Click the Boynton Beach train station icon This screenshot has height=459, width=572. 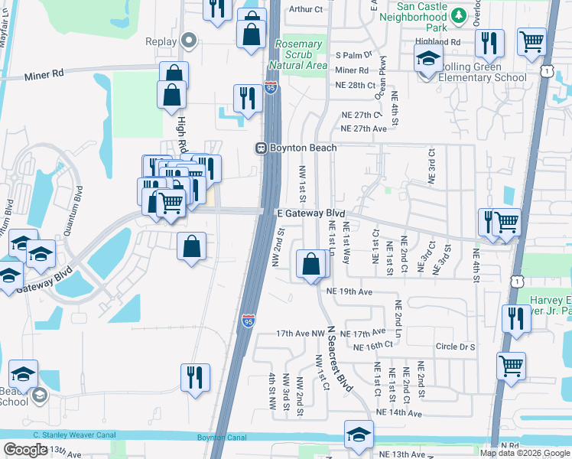click(261, 148)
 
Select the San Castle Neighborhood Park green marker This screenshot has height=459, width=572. click(458, 15)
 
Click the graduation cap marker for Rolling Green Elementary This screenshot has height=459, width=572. click(428, 58)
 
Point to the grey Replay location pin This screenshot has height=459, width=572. click(190, 41)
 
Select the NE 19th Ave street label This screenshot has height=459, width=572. click(349, 292)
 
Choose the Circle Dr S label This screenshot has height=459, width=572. click(456, 347)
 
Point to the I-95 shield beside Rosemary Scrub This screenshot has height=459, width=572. click(271, 89)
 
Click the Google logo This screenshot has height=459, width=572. click(24, 450)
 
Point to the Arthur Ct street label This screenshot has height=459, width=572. click(308, 9)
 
